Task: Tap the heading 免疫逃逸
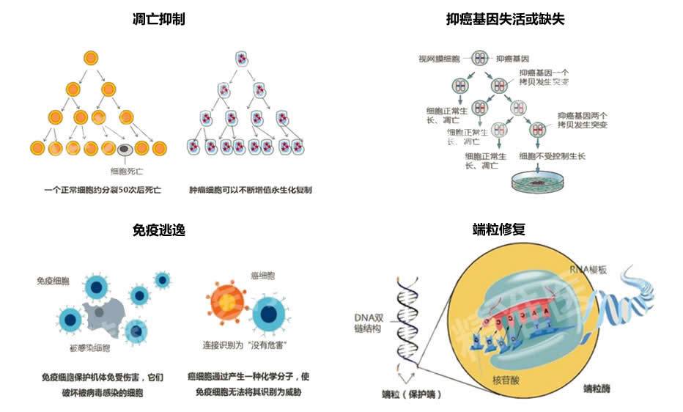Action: coord(158,230)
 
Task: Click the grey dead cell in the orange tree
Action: coord(125,150)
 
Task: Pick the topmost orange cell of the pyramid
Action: coord(90,56)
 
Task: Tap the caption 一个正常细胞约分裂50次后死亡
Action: coord(102,190)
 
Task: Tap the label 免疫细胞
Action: coord(53,281)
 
